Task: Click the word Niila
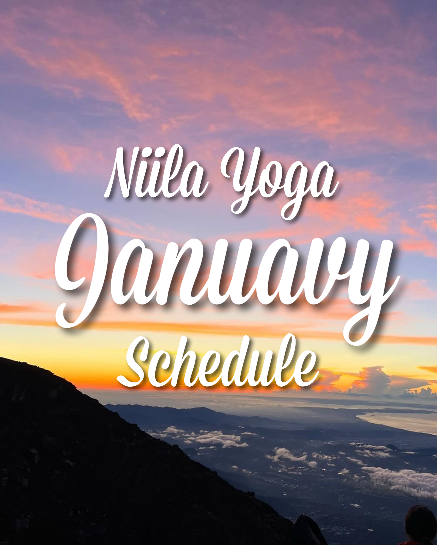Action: point(156,172)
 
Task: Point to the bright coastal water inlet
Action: point(398,420)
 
